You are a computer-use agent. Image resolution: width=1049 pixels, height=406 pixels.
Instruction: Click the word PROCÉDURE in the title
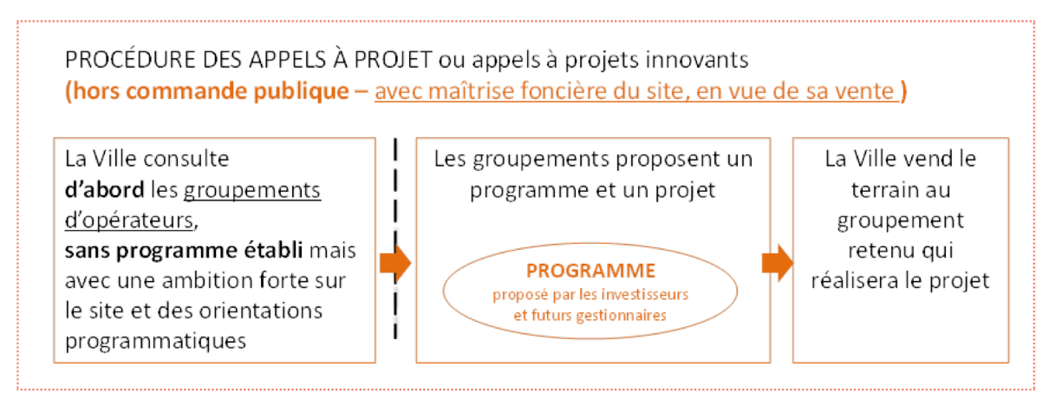(130, 60)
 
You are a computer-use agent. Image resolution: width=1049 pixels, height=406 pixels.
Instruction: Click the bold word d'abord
(104, 190)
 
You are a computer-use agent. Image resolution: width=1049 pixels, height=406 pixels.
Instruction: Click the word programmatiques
(155, 342)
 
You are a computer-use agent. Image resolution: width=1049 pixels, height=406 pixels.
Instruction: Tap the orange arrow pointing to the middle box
(395, 263)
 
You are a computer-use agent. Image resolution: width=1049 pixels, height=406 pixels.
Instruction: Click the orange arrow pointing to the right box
(778, 263)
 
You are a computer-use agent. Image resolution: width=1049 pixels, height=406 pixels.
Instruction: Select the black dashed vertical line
(395, 239)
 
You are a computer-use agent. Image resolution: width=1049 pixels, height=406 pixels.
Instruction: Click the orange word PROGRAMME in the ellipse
(590, 271)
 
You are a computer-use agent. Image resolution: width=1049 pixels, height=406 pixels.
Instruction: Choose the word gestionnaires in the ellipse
(621, 316)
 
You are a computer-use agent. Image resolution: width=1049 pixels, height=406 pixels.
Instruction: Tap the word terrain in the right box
(901, 190)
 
